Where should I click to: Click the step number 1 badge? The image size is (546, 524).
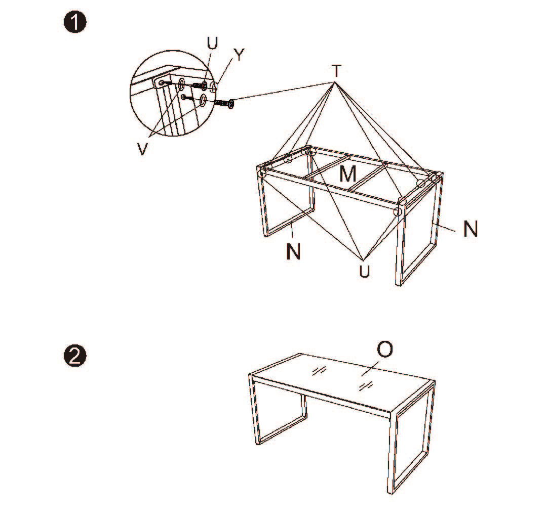(75, 23)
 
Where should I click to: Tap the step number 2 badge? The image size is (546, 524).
(75, 357)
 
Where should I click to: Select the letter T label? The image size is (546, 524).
(336, 71)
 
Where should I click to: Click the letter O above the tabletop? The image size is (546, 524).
(385, 350)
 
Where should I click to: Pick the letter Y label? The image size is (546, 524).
(239, 55)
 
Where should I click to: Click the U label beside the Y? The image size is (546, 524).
(212, 43)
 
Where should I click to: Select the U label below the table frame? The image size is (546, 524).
(365, 272)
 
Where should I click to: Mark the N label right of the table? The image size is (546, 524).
(471, 229)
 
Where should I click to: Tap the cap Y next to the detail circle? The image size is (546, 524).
(213, 85)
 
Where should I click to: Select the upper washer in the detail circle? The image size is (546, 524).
(182, 83)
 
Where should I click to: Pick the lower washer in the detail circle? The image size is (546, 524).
(203, 100)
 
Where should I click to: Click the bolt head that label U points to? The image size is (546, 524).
(204, 85)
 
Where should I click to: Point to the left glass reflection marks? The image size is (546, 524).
(319, 371)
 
